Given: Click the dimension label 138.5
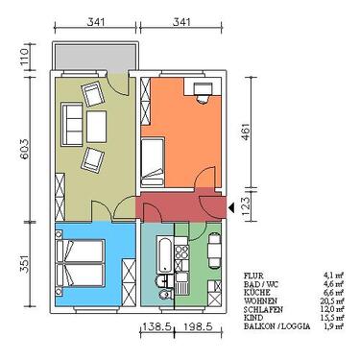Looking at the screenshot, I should point(156,327).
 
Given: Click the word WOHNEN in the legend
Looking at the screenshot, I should point(262,300).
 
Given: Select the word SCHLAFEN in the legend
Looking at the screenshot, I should point(264,308).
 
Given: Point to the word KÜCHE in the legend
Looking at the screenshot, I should point(259,291).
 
